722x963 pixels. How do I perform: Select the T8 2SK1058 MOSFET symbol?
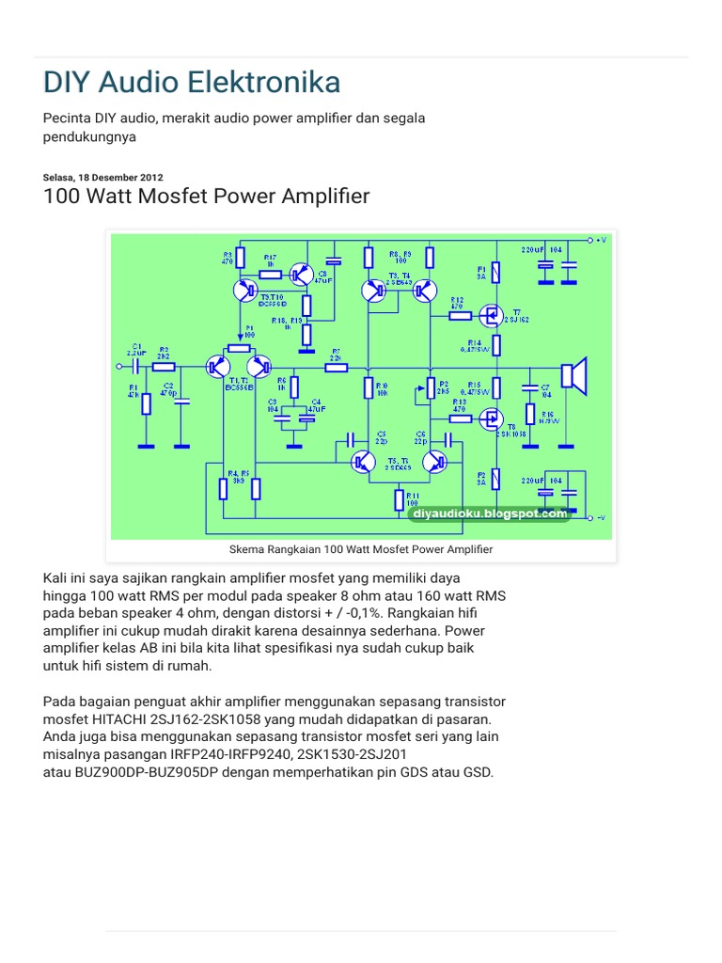490,422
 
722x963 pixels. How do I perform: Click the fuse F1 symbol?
496,273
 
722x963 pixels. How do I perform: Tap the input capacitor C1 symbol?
137,365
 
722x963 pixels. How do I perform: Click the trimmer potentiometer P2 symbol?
430,388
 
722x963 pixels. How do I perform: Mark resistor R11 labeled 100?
400,497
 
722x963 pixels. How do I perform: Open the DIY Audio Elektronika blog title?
192,83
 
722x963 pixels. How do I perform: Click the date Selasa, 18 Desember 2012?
103,177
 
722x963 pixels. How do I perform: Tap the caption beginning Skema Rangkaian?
361,549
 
